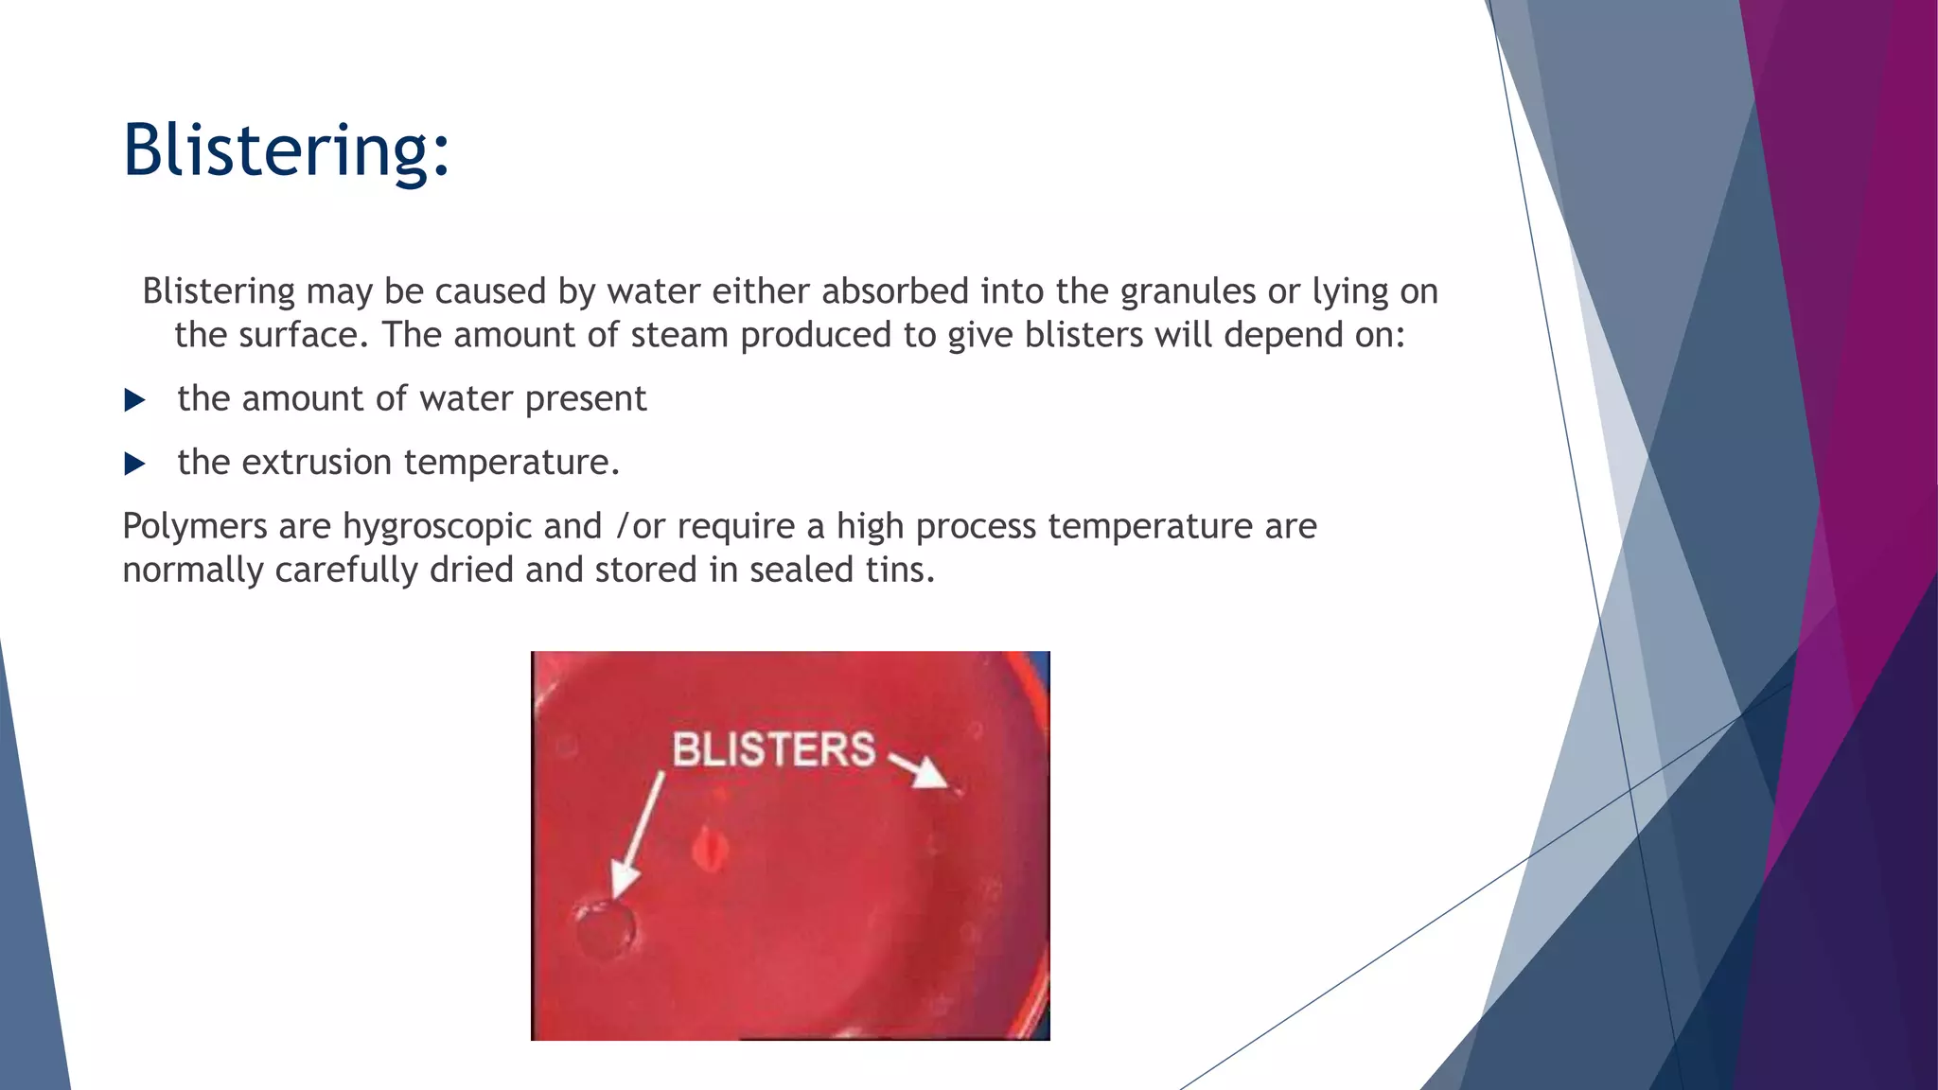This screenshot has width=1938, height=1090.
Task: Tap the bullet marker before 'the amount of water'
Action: coord(134,400)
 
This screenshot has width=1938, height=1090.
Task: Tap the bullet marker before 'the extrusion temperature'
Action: coord(134,464)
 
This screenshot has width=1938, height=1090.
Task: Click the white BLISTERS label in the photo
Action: coord(773,749)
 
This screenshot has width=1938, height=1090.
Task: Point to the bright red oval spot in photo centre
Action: coord(709,849)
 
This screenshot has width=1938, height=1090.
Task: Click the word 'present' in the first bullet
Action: coord(586,399)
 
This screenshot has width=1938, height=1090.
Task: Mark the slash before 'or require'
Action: coord(622,527)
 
